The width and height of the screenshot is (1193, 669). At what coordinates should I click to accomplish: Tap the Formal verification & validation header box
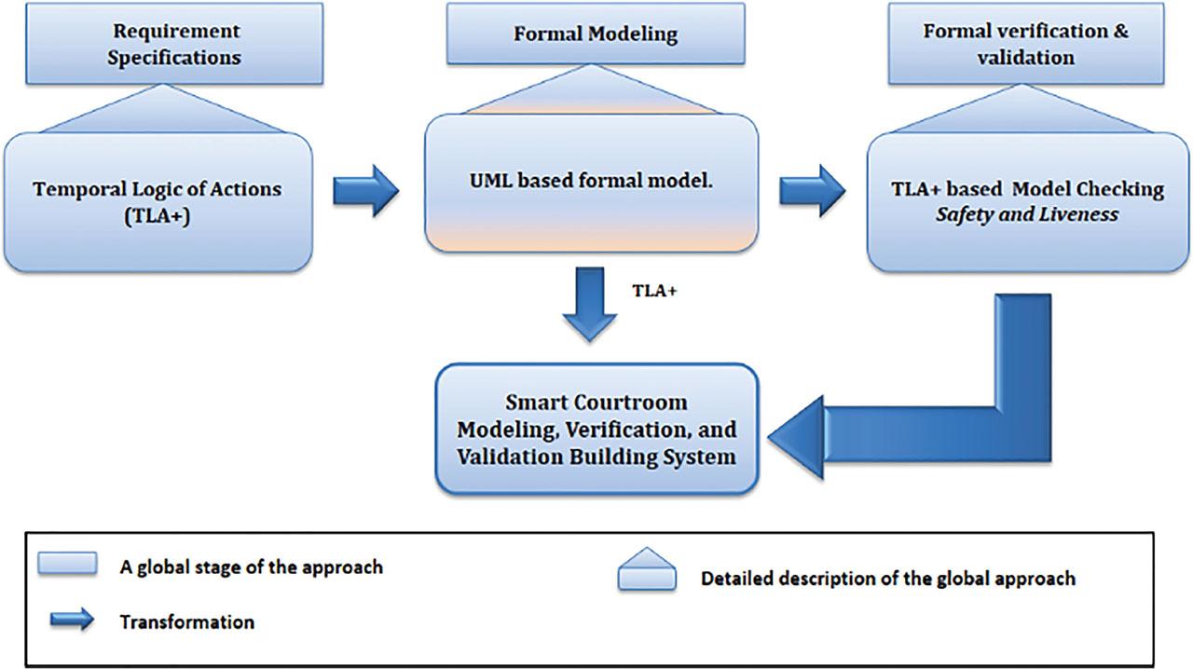[1025, 44]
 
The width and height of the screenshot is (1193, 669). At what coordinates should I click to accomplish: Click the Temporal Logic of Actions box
[157, 201]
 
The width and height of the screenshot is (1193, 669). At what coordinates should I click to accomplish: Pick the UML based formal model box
[592, 183]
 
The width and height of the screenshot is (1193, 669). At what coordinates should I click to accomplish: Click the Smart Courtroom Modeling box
[596, 430]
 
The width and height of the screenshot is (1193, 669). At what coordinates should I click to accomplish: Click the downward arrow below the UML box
[589, 304]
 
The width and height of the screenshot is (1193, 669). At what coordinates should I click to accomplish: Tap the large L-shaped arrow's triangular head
[798, 436]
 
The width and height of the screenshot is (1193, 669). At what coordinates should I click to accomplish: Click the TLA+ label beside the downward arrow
[655, 290]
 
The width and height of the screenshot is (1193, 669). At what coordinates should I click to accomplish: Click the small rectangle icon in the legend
[67, 564]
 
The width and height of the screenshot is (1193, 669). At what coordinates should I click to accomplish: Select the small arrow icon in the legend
[72, 620]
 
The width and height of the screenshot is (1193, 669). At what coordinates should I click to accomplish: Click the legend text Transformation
[187, 621]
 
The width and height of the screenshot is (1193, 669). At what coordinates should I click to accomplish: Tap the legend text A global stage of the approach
[251, 567]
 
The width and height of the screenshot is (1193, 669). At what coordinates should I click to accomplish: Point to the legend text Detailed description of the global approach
[887, 579]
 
